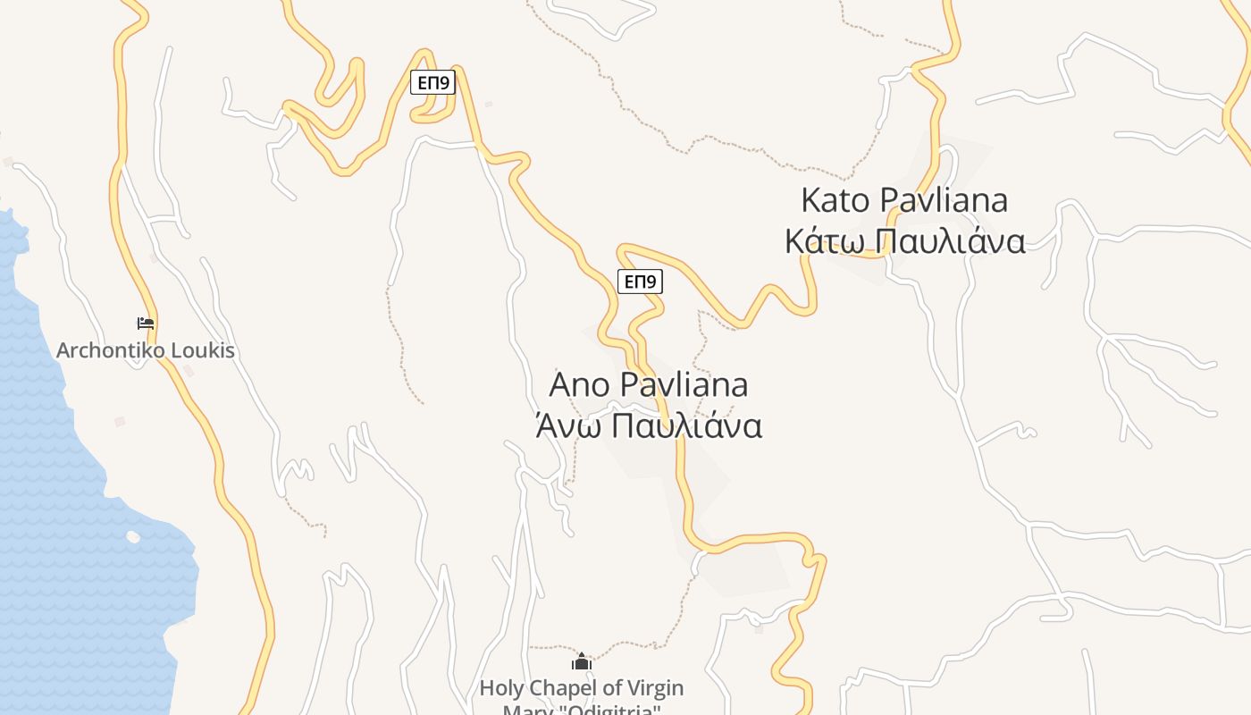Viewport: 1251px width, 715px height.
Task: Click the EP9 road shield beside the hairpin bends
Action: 433,83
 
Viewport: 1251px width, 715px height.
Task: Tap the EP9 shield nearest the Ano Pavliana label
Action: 640,282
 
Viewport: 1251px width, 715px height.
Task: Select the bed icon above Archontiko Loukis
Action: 146,324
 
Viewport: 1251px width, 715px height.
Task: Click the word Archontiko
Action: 111,350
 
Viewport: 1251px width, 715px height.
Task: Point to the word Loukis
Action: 203,350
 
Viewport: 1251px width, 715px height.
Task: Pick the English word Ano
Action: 579,385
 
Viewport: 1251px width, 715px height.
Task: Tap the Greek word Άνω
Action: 561,426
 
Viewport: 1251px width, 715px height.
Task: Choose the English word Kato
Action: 834,200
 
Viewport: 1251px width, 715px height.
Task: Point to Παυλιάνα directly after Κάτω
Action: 947,241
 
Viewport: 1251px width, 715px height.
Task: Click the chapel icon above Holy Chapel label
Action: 582,662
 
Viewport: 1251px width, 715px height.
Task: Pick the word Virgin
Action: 652,688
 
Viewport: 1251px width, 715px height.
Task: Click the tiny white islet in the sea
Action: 133,537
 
